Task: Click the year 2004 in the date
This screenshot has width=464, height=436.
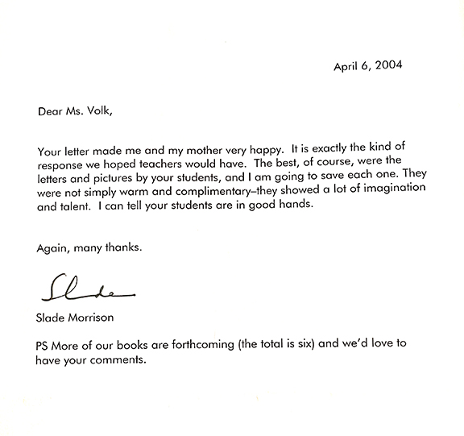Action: [391, 66]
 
